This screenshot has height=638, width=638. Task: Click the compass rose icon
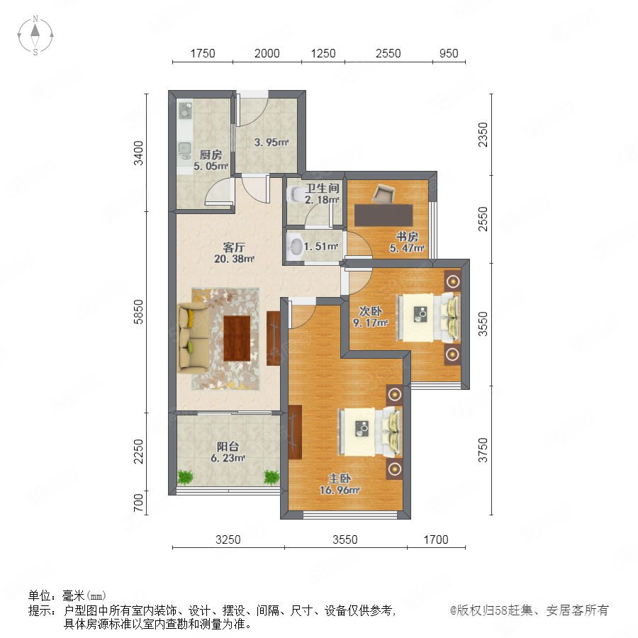tap(35, 35)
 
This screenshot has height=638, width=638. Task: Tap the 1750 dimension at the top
tap(203, 53)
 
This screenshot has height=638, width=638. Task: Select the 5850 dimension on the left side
tap(139, 312)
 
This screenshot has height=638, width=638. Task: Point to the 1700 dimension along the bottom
tap(436, 539)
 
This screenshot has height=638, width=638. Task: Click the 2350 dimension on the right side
tap(483, 135)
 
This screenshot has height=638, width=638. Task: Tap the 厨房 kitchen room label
tap(211, 155)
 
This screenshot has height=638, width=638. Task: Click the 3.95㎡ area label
tap(272, 142)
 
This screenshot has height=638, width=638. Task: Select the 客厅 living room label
tap(234, 247)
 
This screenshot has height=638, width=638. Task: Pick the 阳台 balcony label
tap(228, 447)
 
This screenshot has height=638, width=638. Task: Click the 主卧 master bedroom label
tap(340, 478)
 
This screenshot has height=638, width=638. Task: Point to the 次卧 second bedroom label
tap(370, 311)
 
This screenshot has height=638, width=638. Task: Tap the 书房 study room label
tap(408, 237)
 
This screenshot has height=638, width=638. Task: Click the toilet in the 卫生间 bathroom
tap(293, 194)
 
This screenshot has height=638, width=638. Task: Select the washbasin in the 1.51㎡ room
tap(295, 246)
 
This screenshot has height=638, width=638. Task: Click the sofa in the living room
tap(194, 337)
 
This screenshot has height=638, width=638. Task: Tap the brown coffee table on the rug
tap(237, 338)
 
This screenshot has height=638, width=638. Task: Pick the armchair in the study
tap(383, 194)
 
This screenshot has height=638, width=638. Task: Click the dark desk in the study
tap(384, 215)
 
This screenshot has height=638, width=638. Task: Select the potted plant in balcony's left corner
tap(185, 477)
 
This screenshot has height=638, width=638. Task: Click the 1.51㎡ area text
tap(321, 247)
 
